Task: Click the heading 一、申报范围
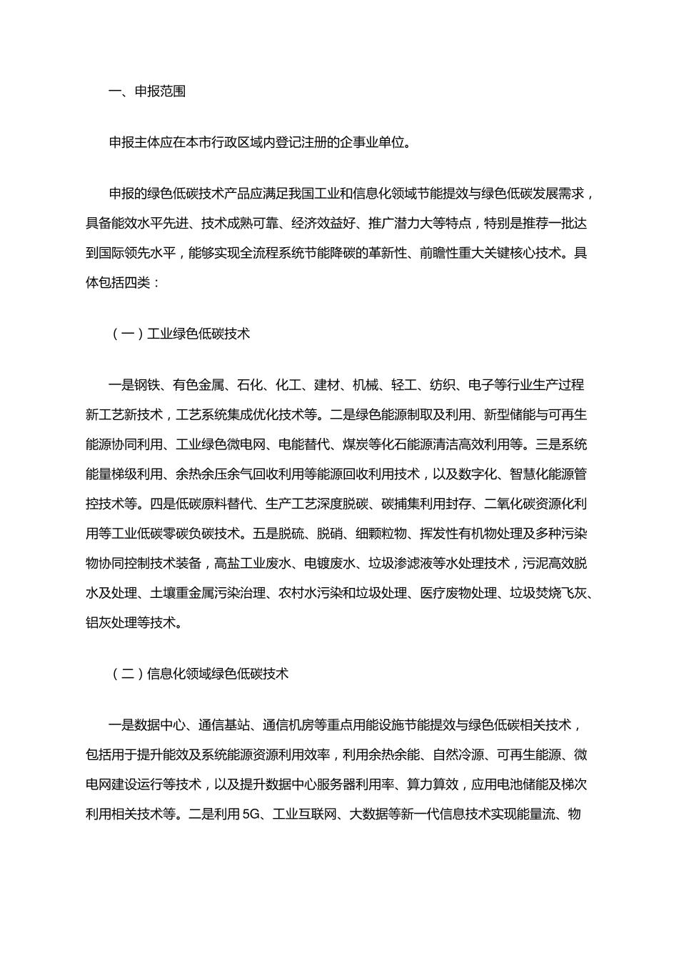[x=146, y=91]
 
